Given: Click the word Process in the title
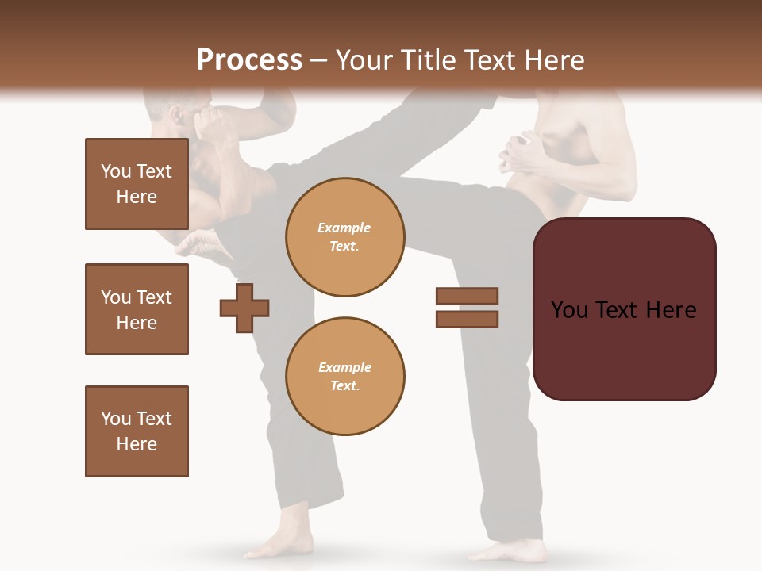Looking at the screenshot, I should click(249, 60).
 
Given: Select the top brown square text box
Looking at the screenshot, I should click(137, 184).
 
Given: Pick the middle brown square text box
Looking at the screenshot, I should click(137, 309).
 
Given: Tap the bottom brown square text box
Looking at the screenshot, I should click(137, 431).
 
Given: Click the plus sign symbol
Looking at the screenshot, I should click(244, 308).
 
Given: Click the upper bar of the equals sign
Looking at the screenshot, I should click(467, 296).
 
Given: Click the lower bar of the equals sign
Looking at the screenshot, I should click(467, 320).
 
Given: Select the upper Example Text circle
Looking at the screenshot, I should click(344, 237).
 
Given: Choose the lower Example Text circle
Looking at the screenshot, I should click(344, 377).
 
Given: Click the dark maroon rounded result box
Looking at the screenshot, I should click(624, 309).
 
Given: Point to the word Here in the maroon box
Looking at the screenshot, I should click(671, 310).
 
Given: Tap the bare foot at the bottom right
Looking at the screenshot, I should click(508, 550).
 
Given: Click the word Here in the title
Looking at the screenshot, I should click(552, 60).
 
